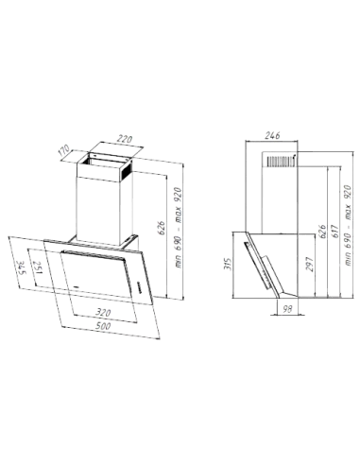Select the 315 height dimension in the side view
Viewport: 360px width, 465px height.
pos(224,266)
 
